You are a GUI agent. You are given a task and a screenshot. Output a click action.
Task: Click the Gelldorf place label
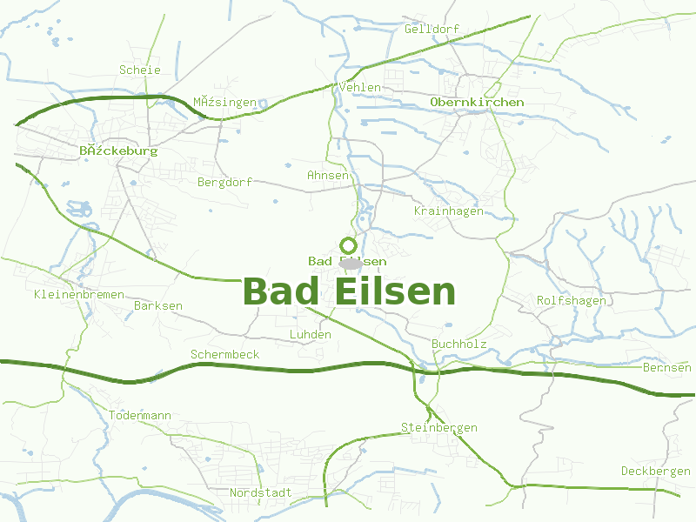tap(432, 29)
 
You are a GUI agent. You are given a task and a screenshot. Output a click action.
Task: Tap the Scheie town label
tap(140, 70)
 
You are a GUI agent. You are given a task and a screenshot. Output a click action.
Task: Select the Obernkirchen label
tap(477, 102)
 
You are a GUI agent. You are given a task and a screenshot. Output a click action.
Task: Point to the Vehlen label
tap(360, 87)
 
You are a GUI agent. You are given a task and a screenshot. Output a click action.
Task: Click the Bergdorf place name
tap(224, 182)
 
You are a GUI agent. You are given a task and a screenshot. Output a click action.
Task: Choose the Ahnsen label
tap(328, 175)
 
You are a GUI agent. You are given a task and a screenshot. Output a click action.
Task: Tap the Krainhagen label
tap(448, 211)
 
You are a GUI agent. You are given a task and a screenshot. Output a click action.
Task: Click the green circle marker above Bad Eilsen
tap(348, 245)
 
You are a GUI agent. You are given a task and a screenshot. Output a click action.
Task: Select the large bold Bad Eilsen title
tap(349, 291)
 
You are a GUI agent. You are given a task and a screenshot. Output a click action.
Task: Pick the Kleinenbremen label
tap(79, 294)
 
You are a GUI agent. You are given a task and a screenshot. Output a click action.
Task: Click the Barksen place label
tap(158, 305)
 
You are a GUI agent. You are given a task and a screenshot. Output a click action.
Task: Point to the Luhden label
tap(310, 334)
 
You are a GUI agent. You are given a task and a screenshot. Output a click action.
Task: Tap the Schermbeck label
tap(224, 354)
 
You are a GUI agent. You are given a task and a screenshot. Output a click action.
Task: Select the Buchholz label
tap(459, 344)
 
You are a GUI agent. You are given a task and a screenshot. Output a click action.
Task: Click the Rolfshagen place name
tap(571, 300)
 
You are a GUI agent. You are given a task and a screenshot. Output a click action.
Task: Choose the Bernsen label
tap(667, 367)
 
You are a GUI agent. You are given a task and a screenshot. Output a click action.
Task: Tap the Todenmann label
tap(140, 415)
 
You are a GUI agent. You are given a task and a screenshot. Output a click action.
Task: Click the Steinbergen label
tap(439, 427)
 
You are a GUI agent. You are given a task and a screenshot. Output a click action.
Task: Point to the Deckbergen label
tap(656, 471)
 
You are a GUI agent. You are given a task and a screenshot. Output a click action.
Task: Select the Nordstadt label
tap(261, 492)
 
